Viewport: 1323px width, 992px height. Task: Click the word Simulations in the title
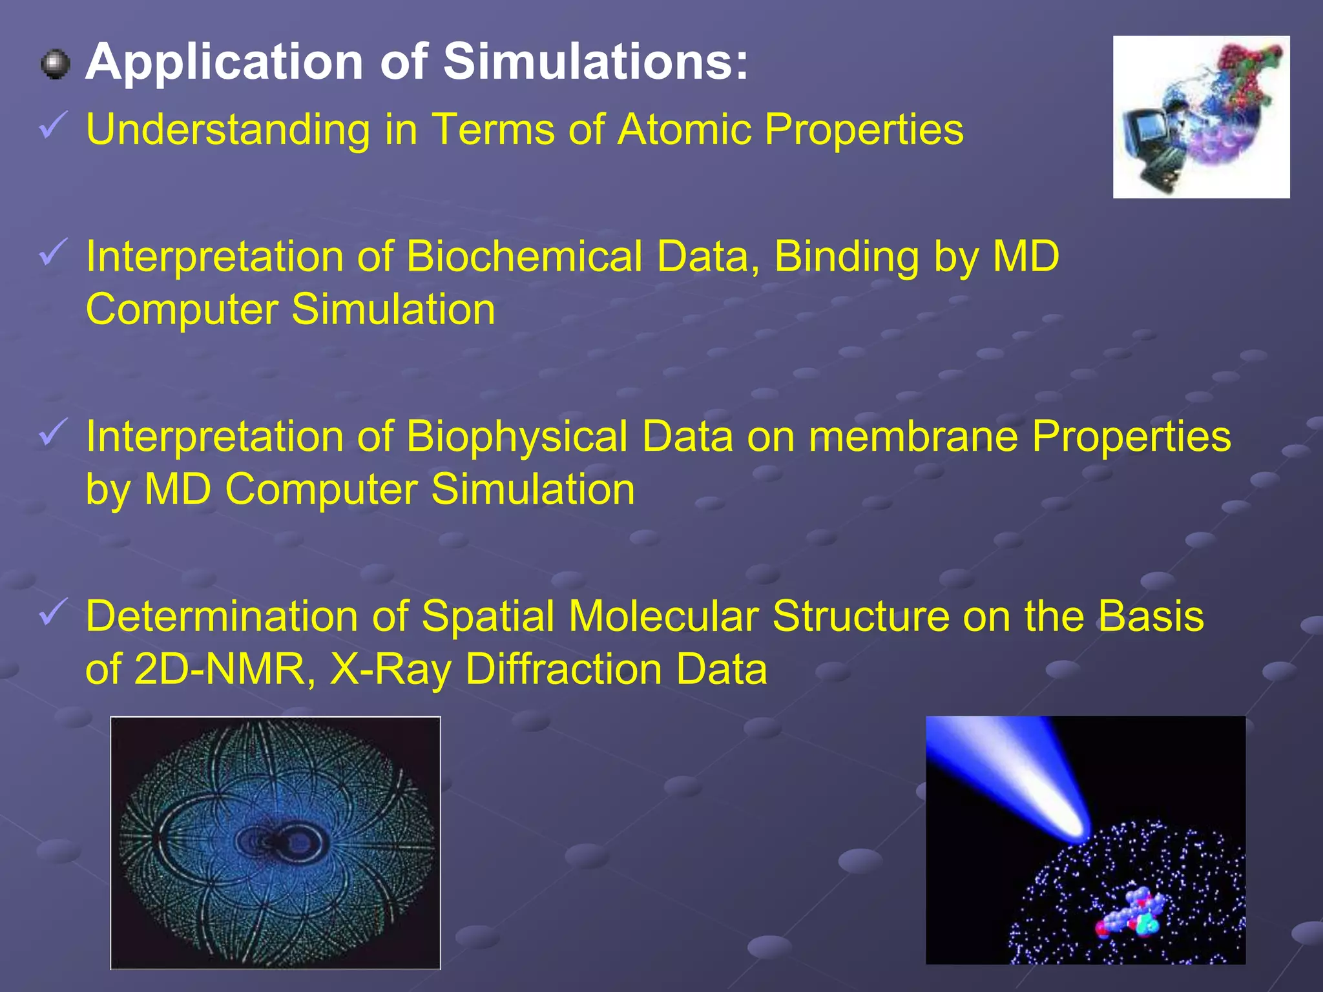(x=595, y=63)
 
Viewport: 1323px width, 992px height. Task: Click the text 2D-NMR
(x=220, y=669)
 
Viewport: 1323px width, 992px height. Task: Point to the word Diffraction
(x=563, y=669)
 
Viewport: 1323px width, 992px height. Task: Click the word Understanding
(x=227, y=130)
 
